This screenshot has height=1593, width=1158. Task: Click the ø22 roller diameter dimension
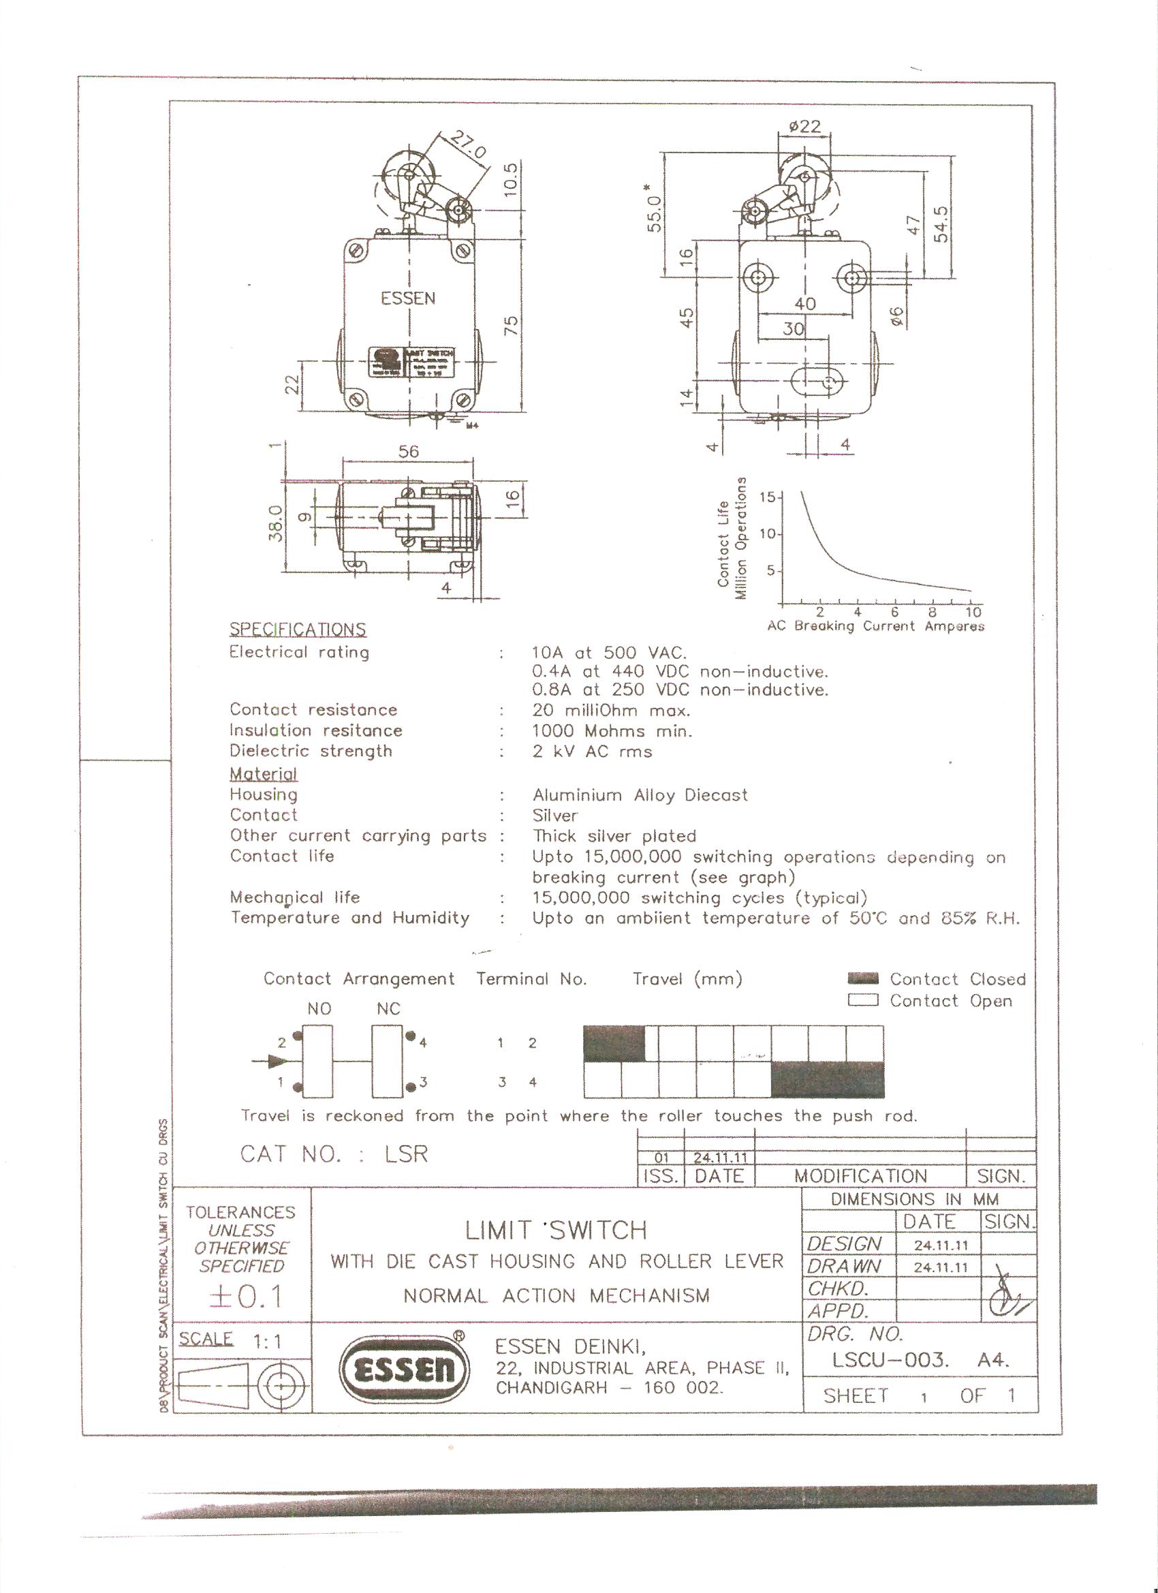[x=804, y=127]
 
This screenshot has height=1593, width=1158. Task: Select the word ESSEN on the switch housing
[x=408, y=298]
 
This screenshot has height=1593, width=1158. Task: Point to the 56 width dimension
[x=408, y=451]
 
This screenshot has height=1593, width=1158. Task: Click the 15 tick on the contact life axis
[x=770, y=497]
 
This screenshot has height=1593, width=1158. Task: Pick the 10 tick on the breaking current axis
[x=973, y=611]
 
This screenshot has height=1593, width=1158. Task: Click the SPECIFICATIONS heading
[x=298, y=630]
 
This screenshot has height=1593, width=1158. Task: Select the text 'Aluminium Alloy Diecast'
[x=640, y=795]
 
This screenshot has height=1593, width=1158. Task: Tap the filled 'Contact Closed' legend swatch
[x=863, y=978]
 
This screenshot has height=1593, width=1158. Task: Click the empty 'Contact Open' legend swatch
[x=863, y=1000]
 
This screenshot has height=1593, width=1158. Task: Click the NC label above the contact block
[x=388, y=1009]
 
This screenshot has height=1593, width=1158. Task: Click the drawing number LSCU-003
[x=890, y=1361]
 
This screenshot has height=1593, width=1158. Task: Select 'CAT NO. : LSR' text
[x=334, y=1154]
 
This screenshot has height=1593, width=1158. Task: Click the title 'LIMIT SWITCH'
[x=555, y=1230]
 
